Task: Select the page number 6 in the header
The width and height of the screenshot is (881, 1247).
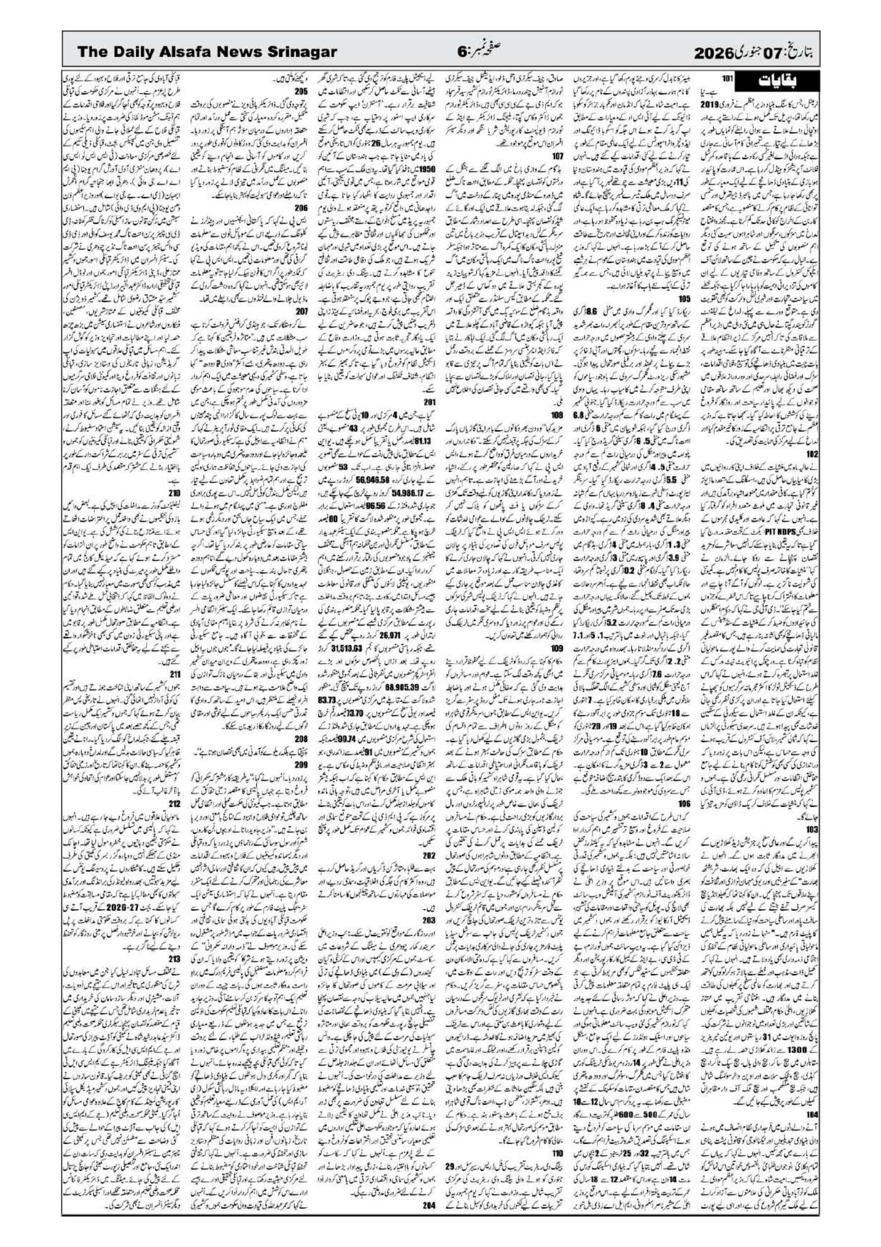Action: coord(461,52)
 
